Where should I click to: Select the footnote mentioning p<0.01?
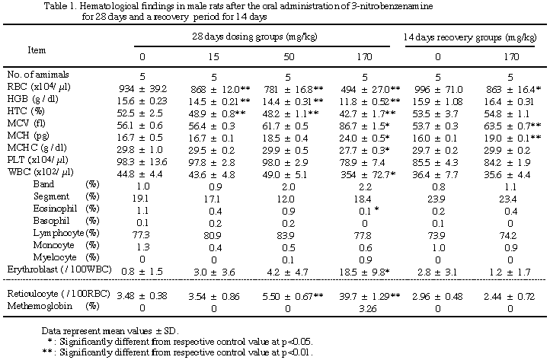click(183, 353)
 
